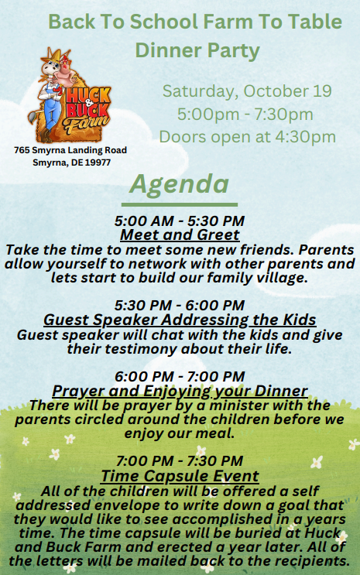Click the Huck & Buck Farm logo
70,95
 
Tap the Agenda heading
179,184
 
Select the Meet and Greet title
180,234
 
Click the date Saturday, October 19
247,91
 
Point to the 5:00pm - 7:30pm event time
245,114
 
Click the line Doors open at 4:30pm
247,137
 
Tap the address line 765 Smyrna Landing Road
70,150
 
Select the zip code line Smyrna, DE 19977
71,163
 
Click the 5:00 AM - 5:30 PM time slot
180,221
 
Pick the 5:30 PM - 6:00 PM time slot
180,305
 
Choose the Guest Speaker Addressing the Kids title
180,320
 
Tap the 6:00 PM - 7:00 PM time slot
180,376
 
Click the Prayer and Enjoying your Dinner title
180,391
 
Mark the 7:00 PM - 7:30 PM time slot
180,460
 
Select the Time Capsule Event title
180,476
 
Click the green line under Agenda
180,204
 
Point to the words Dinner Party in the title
197,50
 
